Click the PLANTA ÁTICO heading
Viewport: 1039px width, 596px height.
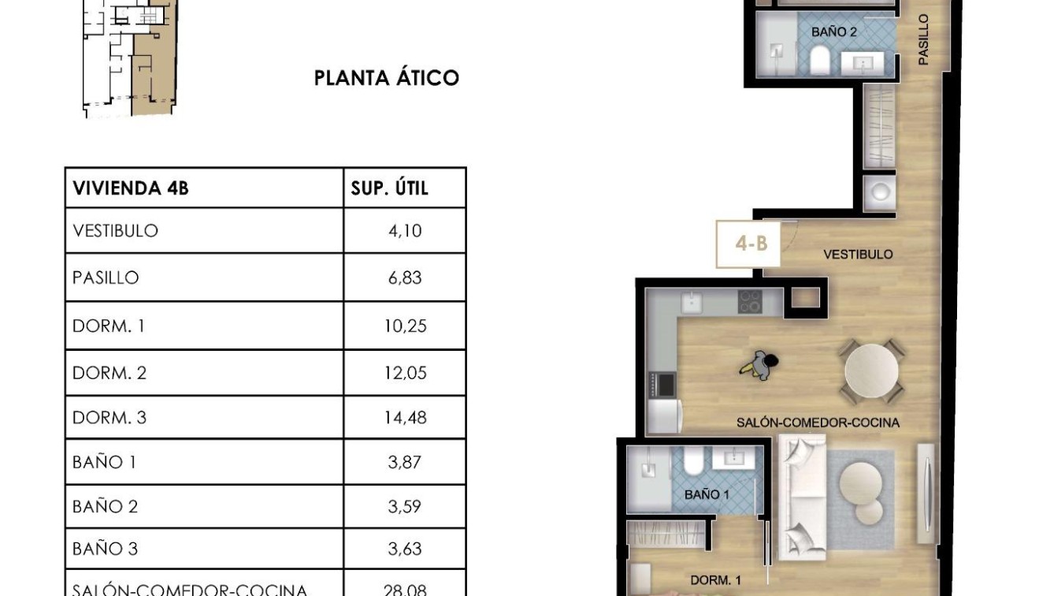pos(386,78)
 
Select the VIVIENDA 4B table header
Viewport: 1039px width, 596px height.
pos(131,188)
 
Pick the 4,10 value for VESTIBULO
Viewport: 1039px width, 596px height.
pos(405,231)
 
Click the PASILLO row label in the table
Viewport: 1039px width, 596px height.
pos(106,278)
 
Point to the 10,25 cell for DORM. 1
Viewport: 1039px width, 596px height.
pos(405,326)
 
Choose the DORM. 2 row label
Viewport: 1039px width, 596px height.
pos(109,373)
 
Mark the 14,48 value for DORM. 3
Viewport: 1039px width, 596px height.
pos(405,418)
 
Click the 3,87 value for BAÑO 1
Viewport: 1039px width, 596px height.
pos(405,462)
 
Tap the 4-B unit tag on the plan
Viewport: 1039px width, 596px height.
pos(751,244)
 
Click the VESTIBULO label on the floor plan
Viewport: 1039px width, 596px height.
pos(858,255)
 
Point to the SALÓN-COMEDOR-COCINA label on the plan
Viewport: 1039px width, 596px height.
pos(818,423)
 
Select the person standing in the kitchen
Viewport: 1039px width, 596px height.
pos(760,364)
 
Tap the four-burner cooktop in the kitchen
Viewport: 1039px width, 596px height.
pos(749,301)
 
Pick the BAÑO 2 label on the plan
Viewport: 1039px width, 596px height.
pos(833,32)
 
